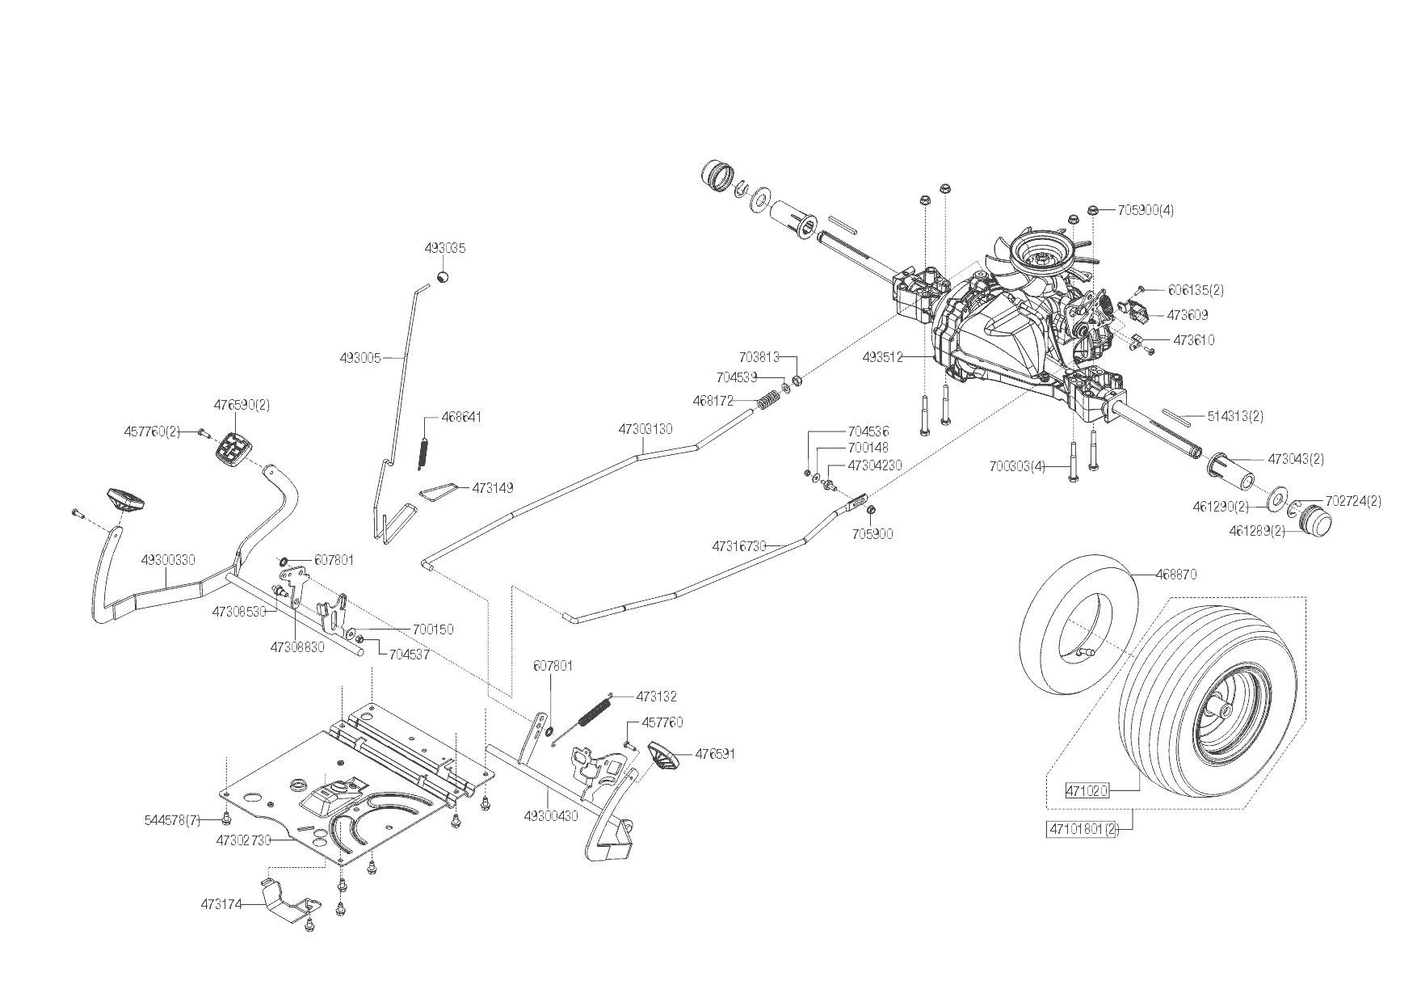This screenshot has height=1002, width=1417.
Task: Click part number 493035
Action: tap(445, 249)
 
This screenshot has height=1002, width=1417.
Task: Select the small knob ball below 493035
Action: tap(443, 277)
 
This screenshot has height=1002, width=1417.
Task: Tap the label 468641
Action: tap(462, 417)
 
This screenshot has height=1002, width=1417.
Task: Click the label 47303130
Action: tap(645, 429)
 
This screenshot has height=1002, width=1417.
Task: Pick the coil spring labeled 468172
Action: tap(768, 399)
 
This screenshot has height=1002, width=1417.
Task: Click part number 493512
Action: tap(882, 356)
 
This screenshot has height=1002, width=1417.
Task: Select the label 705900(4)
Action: tap(1146, 210)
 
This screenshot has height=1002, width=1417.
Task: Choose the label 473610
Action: tap(1194, 340)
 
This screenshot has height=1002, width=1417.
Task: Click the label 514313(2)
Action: tap(1235, 416)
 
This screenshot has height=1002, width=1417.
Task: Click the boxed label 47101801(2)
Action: tap(1082, 829)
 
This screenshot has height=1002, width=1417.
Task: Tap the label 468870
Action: tap(1176, 575)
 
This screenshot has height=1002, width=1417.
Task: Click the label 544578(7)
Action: tap(172, 821)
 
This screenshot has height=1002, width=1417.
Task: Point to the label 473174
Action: tap(221, 904)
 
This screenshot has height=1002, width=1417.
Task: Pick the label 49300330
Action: tap(167, 559)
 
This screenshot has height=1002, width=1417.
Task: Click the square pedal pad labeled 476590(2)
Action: tap(233, 447)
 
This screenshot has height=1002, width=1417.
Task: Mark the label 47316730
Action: tap(739, 546)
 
